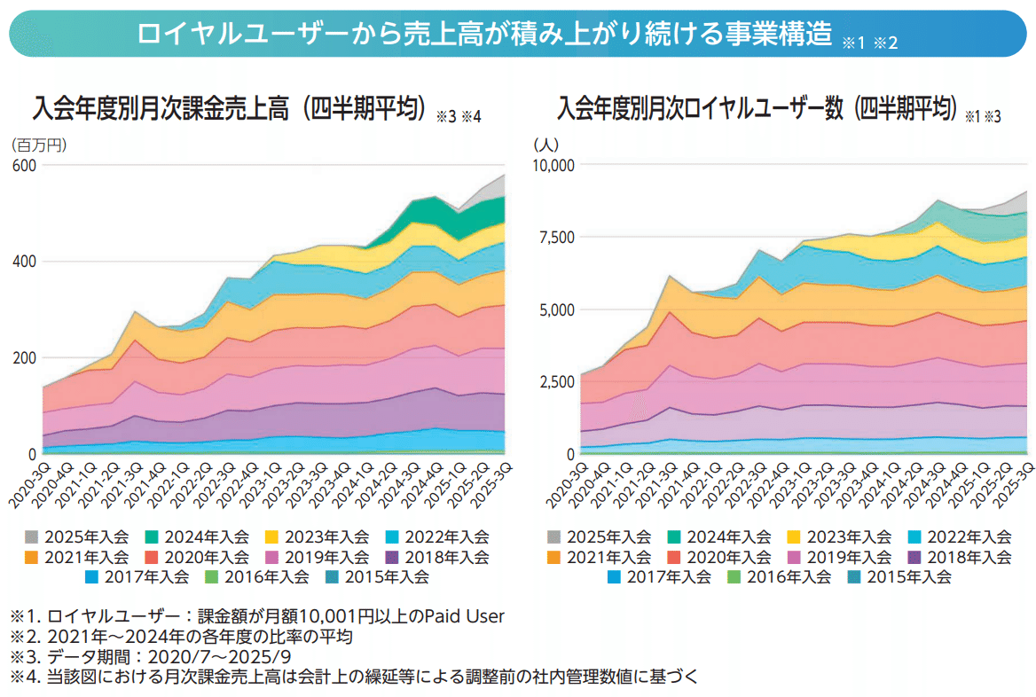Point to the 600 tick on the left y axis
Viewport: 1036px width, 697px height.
point(24,166)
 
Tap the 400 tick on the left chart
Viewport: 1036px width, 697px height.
point(24,262)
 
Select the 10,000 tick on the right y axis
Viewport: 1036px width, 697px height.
point(553,166)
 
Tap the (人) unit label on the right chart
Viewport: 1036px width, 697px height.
point(545,144)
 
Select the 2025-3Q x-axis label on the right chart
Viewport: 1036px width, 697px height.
point(1012,482)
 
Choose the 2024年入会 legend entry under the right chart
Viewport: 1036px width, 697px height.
point(719,537)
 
